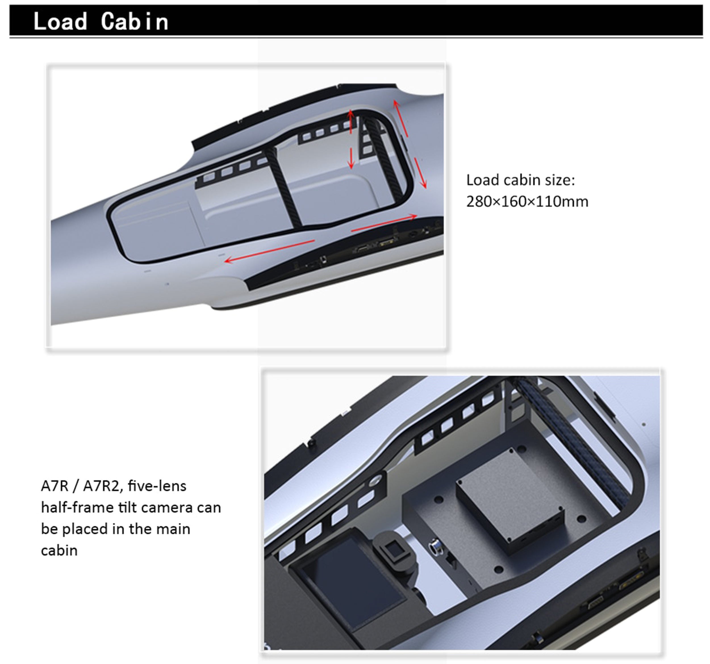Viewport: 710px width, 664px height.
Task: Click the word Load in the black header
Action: coord(60,21)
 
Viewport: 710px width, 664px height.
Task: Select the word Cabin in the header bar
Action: coord(135,21)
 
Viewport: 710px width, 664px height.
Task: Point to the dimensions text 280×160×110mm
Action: coord(527,202)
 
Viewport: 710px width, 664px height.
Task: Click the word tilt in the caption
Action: coord(126,507)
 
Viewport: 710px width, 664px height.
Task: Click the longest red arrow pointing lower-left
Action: coord(270,252)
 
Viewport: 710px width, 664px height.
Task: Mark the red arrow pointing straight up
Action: coord(351,121)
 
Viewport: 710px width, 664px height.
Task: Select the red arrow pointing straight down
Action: coord(351,158)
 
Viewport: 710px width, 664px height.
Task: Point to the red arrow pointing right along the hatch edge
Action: coord(384,223)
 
